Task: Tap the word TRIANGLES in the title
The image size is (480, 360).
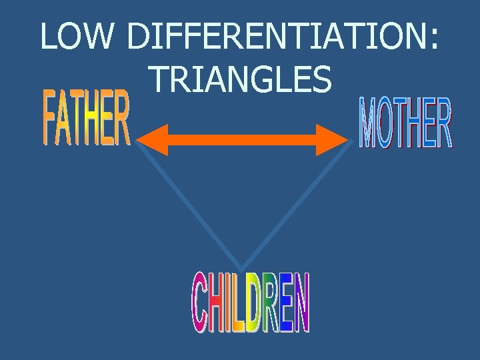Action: pos(241,79)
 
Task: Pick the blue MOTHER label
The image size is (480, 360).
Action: pos(405,123)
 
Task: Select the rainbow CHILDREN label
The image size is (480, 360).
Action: pos(251,304)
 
